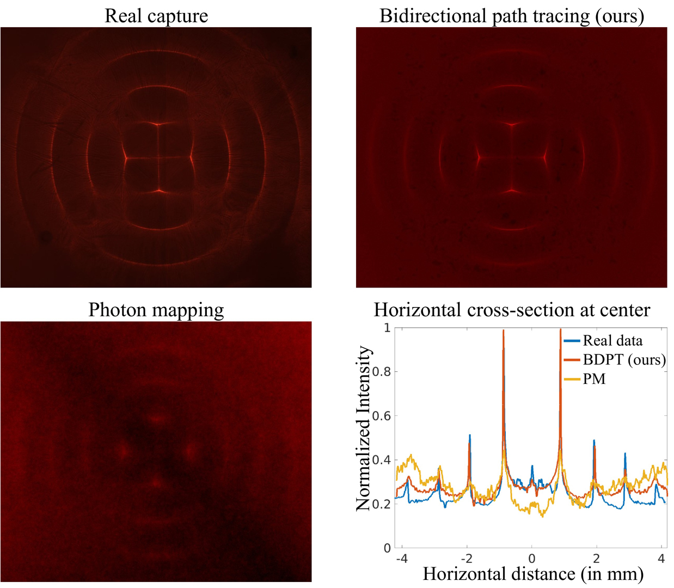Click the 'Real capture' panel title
(x=156, y=15)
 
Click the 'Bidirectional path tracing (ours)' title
(x=512, y=15)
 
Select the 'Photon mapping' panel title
(x=156, y=310)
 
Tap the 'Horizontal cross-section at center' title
(x=512, y=310)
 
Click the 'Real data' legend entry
(x=612, y=341)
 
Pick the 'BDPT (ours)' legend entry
(x=624, y=360)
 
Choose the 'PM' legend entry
(x=594, y=379)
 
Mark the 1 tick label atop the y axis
(x=387, y=328)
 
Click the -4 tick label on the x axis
(x=401, y=559)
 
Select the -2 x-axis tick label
(x=467, y=559)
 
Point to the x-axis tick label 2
(x=596, y=559)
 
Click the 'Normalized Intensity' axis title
(x=364, y=428)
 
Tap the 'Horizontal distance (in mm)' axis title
(x=533, y=574)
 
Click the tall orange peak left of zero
(x=504, y=332)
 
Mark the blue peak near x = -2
(x=470, y=436)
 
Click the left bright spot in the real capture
(x=125, y=158)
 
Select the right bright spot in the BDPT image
(x=545, y=158)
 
